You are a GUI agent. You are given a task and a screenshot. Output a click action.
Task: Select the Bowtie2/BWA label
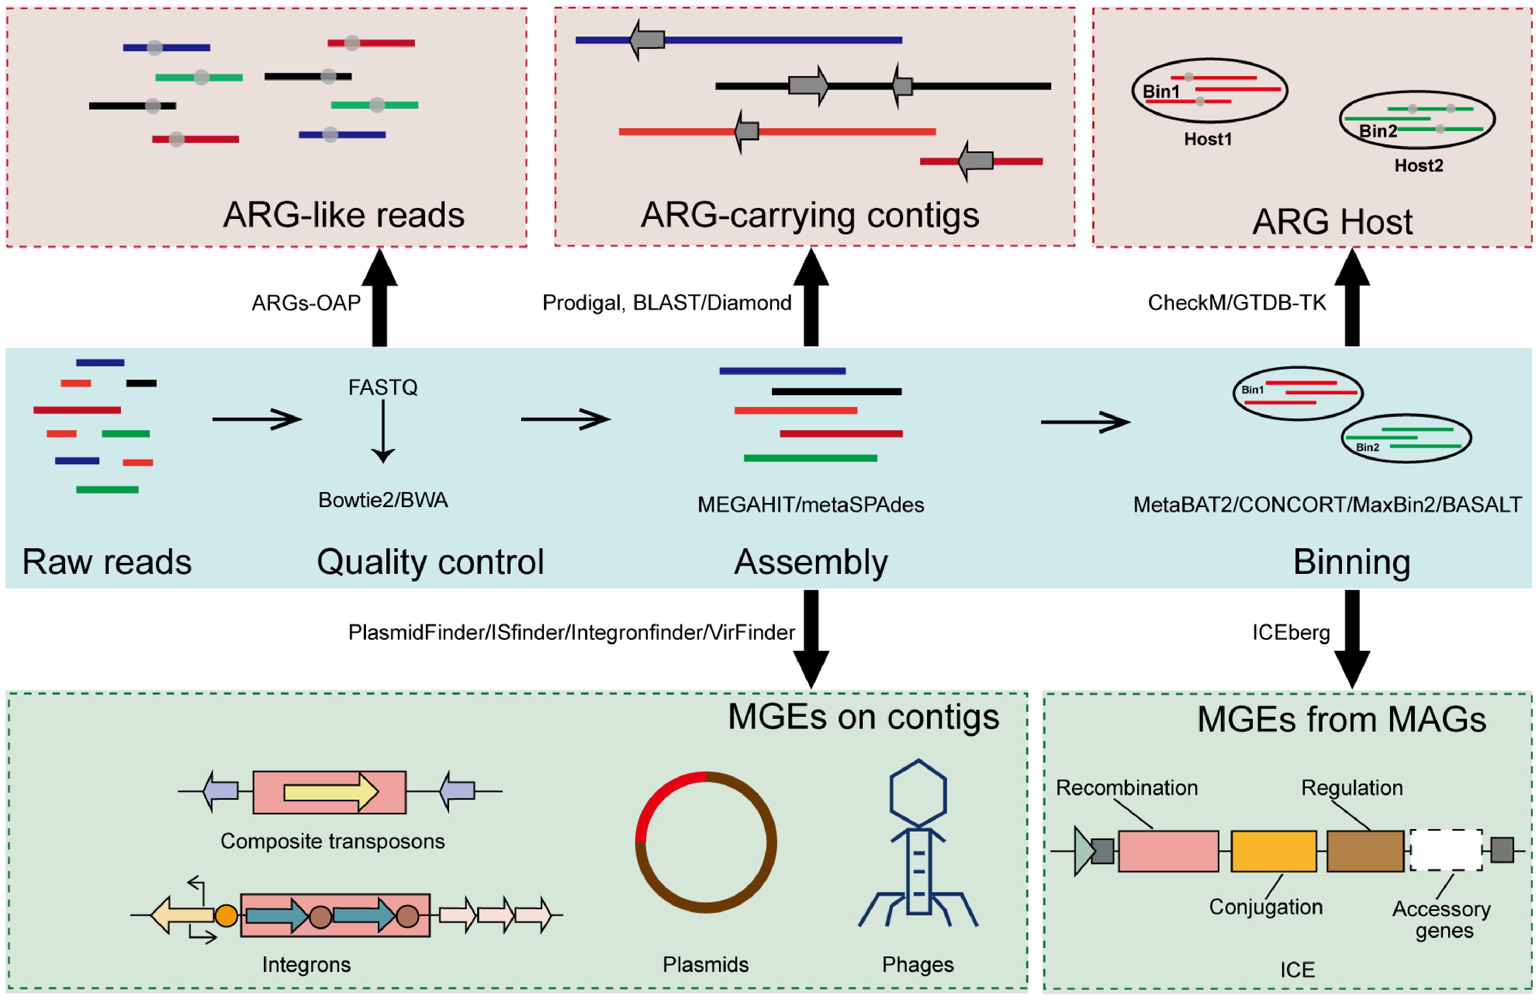pyautogui.click(x=383, y=500)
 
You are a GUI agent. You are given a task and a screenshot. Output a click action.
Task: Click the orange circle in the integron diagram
pyautogui.click(x=226, y=916)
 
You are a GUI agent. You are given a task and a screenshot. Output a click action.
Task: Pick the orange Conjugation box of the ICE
pyautogui.click(x=1273, y=851)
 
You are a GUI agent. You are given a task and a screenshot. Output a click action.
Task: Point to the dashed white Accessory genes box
pyautogui.click(x=1446, y=850)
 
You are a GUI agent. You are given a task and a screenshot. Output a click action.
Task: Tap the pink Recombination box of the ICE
pyautogui.click(x=1168, y=851)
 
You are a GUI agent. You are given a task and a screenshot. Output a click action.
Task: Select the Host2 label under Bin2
pyautogui.click(x=1418, y=166)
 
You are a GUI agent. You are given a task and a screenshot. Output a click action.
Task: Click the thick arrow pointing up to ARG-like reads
pyautogui.click(x=379, y=298)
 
